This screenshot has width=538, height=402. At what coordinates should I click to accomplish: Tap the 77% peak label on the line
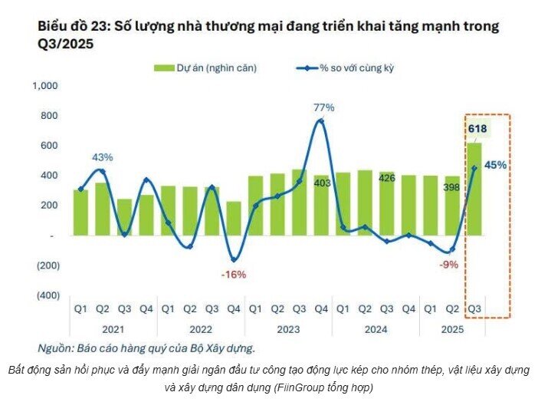click(323, 107)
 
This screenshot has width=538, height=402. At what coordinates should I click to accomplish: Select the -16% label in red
click(235, 274)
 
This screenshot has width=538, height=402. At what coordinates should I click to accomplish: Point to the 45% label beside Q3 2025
click(496, 164)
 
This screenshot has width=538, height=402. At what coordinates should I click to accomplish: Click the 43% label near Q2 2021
click(103, 157)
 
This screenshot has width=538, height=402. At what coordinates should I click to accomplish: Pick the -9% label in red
click(449, 265)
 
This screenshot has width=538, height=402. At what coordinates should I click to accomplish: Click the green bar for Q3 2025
click(475, 188)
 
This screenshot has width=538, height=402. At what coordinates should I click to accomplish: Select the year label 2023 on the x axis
click(288, 328)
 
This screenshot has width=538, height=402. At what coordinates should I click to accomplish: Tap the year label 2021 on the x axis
click(113, 328)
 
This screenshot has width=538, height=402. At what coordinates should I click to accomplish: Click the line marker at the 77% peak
click(321, 121)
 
